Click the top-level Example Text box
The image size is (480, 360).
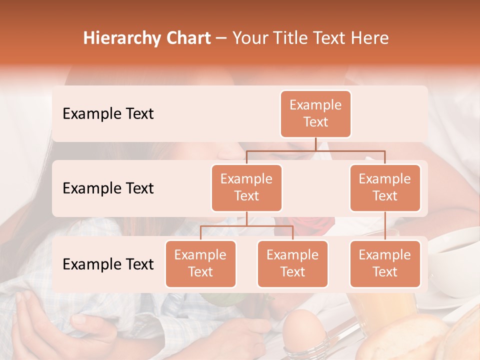(x=315, y=113)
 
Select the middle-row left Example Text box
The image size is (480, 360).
(x=246, y=187)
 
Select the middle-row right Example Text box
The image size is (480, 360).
(x=385, y=187)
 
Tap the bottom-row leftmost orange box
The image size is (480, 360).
(x=200, y=263)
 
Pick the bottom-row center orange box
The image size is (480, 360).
(x=292, y=263)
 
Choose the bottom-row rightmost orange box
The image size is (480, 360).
(x=385, y=263)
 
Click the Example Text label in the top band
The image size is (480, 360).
(x=108, y=113)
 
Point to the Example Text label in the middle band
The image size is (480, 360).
(x=108, y=188)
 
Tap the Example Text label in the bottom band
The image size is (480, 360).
(x=108, y=264)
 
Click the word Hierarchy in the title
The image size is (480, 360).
(x=121, y=38)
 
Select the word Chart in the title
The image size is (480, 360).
(x=187, y=38)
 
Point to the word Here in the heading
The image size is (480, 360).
(x=369, y=38)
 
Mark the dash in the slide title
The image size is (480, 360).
(x=221, y=38)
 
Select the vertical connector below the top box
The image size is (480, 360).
(x=315, y=144)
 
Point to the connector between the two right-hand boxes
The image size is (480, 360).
(x=385, y=225)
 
